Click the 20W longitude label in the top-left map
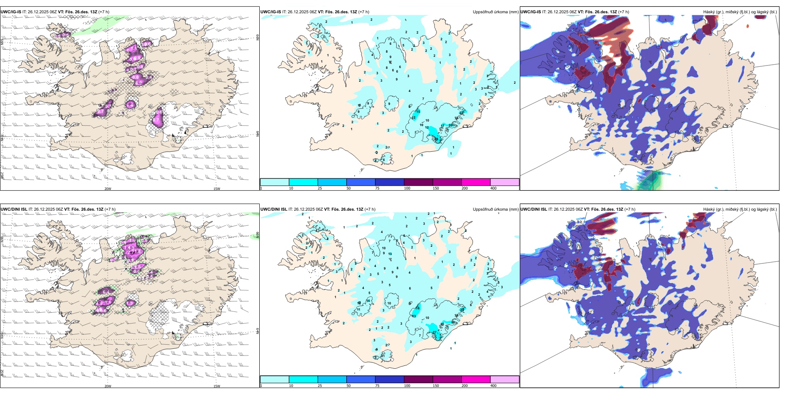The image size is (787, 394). (108, 189)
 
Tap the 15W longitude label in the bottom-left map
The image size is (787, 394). (217, 386)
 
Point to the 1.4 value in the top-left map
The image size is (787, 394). (130, 105)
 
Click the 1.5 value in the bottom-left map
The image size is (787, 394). (130, 303)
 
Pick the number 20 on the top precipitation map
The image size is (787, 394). (450, 125)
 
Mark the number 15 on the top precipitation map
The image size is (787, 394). (418, 112)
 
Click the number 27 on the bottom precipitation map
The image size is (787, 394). (434, 333)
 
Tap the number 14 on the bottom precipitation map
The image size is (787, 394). (368, 301)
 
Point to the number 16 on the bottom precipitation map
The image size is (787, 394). (418, 308)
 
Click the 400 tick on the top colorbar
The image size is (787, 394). (493, 188)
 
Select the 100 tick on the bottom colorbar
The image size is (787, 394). (407, 386)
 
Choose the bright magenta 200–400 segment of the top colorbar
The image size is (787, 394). (476, 182)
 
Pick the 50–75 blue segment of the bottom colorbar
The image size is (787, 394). (361, 379)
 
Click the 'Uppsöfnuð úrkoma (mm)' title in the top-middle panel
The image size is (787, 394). (495, 12)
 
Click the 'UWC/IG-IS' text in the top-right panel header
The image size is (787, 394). (531, 12)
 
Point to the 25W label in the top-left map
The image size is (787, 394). (2, 176)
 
